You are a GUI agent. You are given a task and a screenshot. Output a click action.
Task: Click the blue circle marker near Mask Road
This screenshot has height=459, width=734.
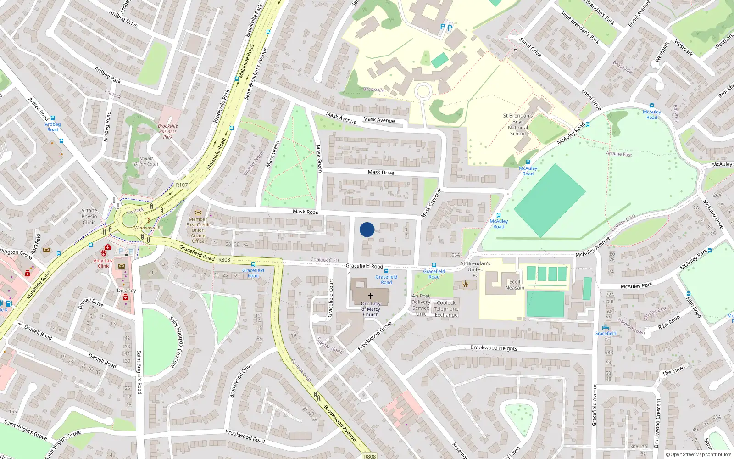click(x=367, y=229)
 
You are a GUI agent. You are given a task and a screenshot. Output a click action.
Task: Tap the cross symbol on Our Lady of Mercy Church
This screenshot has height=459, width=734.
click(x=371, y=296)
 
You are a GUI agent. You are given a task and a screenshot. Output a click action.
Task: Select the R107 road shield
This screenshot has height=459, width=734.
click(x=182, y=185)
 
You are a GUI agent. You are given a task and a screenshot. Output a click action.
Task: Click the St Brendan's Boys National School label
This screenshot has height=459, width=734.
click(x=518, y=125)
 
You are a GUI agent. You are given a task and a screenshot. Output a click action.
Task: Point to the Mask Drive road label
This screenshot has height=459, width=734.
click(x=381, y=173)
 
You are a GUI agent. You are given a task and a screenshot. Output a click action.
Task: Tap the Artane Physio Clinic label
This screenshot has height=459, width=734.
click(x=89, y=217)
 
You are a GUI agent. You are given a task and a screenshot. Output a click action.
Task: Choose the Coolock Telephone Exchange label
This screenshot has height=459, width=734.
click(x=446, y=309)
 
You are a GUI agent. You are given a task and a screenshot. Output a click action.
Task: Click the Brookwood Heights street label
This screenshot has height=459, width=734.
click(x=494, y=348)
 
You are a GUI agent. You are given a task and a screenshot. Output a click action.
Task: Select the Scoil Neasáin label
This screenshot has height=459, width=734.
click(x=515, y=285)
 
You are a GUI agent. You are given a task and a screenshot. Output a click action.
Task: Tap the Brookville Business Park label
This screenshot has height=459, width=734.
click(x=168, y=131)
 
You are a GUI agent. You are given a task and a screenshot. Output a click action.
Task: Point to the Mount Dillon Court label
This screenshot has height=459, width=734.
click(x=146, y=161)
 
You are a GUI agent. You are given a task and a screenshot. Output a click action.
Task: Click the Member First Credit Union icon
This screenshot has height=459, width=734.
click(x=198, y=213)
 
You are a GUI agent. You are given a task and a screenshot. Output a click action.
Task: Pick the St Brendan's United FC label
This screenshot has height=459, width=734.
click(x=475, y=269)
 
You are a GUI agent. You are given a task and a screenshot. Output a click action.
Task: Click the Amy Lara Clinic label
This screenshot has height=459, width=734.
click(x=104, y=263)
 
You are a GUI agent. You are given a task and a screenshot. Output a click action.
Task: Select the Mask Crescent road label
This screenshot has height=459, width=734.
click(x=432, y=203)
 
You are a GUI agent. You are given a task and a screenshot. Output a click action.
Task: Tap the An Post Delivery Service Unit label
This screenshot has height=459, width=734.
click(x=421, y=305)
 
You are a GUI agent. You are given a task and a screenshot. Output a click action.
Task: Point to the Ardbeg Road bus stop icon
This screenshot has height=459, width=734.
click(x=53, y=118)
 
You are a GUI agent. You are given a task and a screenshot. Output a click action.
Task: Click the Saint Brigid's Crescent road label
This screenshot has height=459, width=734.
click(x=177, y=342)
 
